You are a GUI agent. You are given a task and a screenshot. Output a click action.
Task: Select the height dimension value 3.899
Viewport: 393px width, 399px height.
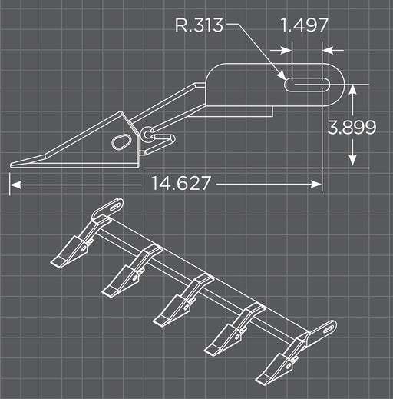352,127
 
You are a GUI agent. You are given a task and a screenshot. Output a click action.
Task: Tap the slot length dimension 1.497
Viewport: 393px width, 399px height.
305,25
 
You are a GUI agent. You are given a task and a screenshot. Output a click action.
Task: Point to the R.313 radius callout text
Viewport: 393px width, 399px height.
199,25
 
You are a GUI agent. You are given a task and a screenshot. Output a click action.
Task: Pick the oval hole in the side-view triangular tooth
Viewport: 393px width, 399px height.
122,141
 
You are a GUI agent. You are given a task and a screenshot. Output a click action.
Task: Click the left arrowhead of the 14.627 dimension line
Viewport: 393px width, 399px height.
14,184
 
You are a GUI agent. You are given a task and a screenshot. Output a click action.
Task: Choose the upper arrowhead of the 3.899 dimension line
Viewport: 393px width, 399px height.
352,89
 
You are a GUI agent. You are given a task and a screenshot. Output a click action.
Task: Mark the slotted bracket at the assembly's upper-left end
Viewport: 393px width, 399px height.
107,208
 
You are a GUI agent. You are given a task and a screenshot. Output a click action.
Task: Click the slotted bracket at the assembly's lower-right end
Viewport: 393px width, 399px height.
323,331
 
